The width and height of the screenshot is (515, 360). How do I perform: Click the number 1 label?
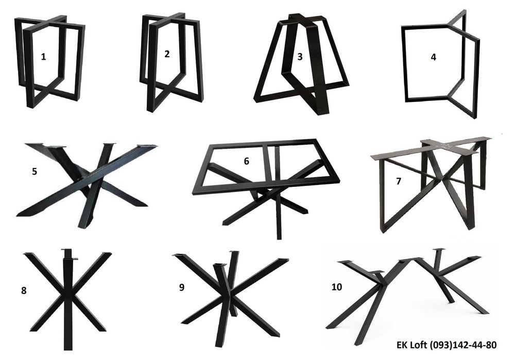point(43,57)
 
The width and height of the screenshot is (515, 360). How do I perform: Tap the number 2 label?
point(167,54)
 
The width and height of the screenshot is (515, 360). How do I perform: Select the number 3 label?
point(300,57)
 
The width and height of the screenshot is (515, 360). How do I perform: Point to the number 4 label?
point(433,57)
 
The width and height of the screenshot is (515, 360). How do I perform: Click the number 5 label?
point(35,172)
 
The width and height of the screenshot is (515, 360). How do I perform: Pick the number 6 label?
point(246,161)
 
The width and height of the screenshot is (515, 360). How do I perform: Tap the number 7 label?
point(399,181)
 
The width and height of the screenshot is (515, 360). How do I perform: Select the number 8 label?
point(24,290)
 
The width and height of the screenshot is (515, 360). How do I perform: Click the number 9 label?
point(182,287)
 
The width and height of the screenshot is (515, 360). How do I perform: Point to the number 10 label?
point(337,287)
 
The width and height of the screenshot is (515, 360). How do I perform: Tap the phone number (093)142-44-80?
point(463,345)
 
